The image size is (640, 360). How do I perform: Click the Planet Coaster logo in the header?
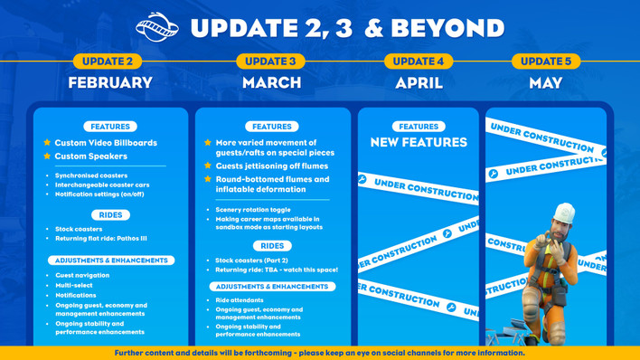click(157, 27)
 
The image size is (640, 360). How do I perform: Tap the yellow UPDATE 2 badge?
click(108, 62)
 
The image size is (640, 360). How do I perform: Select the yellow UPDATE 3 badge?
click(270, 62)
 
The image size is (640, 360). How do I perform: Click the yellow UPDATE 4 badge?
click(419, 62)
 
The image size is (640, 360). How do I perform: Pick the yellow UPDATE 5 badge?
click(546, 62)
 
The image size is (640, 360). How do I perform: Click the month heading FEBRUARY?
click(110, 82)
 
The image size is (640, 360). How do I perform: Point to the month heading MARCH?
click(271, 82)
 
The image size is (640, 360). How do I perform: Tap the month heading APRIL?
click(419, 82)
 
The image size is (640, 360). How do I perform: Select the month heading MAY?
click(546, 82)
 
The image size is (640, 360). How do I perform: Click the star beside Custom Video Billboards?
click(47, 143)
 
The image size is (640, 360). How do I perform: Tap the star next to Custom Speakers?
click(47, 156)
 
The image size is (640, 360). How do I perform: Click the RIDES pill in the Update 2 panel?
click(110, 215)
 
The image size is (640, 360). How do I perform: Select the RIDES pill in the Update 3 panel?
click(272, 246)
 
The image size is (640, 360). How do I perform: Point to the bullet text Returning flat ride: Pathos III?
click(100, 239)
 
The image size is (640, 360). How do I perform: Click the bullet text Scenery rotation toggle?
click(253, 210)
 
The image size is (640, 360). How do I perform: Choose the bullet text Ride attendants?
click(240, 300)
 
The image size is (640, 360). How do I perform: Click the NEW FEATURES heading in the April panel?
click(419, 143)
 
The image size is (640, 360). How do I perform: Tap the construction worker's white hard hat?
click(563, 213)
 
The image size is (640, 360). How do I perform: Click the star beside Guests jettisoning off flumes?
click(208, 166)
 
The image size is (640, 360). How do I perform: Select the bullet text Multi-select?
click(74, 285)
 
